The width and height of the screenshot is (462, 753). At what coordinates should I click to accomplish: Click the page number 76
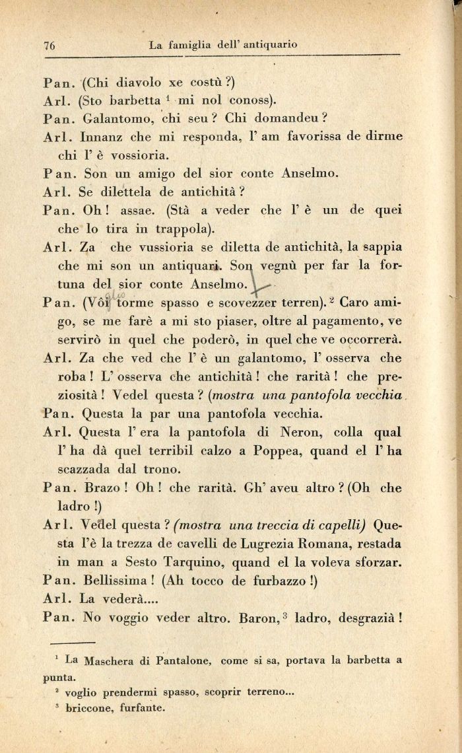(x=49, y=46)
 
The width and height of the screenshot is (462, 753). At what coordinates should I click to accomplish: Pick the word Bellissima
(x=117, y=581)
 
